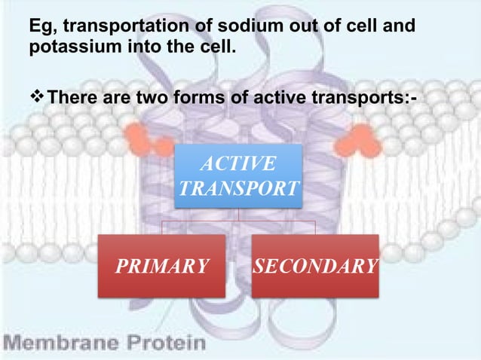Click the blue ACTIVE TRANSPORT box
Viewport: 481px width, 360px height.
click(x=239, y=175)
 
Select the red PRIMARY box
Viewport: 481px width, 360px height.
click(x=162, y=265)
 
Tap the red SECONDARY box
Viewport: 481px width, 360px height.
click(x=315, y=265)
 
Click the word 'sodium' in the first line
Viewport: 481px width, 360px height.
click(x=219, y=28)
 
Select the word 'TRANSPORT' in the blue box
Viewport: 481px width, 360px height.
click(x=239, y=188)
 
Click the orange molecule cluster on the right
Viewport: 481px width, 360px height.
click(x=357, y=138)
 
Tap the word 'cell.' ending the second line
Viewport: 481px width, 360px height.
click(x=216, y=50)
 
